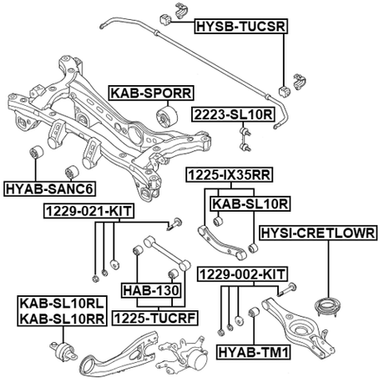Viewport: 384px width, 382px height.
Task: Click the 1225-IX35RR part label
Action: [228, 176]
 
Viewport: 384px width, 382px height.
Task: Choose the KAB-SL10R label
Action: [249, 203]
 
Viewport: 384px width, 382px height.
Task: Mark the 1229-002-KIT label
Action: [241, 273]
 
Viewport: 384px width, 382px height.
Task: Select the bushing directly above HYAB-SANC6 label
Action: [38, 155]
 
